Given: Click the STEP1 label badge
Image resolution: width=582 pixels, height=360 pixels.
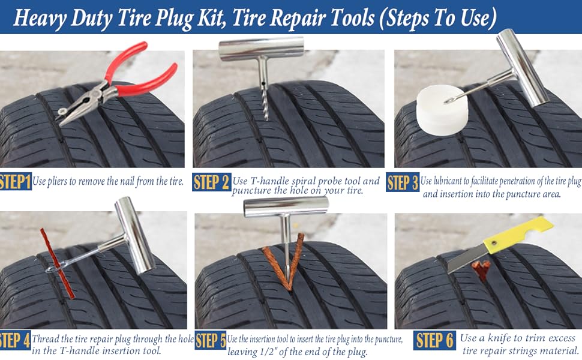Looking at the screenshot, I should pos(15,182).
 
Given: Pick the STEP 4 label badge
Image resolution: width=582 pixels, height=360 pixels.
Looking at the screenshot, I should pos(14,341).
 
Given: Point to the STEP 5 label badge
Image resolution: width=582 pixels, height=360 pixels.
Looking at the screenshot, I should pos(211,341).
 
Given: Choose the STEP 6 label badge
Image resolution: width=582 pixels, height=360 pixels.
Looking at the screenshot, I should pos(434,341).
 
